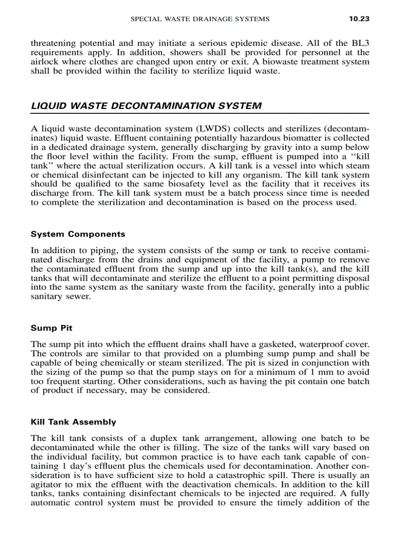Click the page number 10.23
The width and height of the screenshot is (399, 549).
point(358,19)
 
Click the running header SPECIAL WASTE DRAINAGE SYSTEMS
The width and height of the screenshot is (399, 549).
point(199,19)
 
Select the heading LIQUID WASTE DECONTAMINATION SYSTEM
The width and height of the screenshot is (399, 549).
point(146,106)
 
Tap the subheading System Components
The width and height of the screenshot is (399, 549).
point(78,234)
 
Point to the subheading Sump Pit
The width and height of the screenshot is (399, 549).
point(51,328)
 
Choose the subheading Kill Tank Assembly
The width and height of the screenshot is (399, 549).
point(73,422)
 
